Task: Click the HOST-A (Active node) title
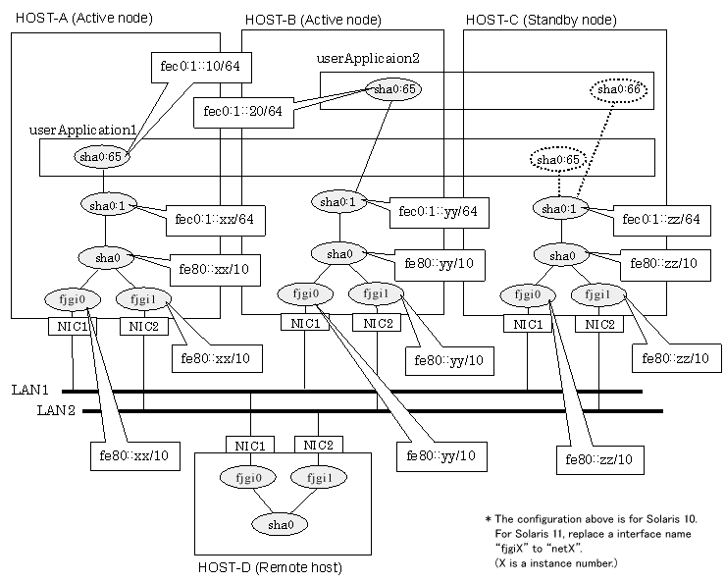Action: tap(83, 18)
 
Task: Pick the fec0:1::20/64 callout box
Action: tap(239, 111)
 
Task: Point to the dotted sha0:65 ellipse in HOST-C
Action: tap(555, 159)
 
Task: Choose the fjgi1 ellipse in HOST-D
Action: tap(314, 479)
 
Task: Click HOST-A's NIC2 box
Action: tap(144, 327)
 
